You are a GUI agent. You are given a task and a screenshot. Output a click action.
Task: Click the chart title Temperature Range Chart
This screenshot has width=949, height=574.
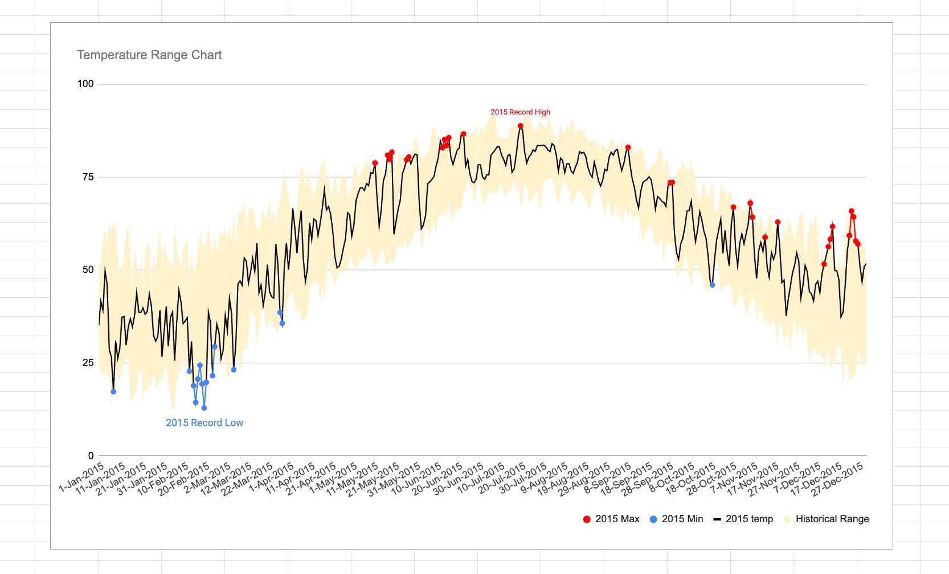[149, 55]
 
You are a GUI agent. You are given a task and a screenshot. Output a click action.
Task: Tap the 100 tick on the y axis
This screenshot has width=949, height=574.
[85, 84]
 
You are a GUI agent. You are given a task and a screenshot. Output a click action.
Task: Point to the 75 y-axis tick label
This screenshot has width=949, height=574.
[88, 177]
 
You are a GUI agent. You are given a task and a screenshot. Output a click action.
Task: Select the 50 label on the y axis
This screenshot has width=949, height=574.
[88, 270]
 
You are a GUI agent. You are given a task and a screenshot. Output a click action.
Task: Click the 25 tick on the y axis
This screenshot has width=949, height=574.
[88, 363]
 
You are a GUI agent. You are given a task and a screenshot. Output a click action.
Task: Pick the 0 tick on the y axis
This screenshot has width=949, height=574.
[91, 456]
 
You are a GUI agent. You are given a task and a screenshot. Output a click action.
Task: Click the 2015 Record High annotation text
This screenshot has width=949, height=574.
[520, 112]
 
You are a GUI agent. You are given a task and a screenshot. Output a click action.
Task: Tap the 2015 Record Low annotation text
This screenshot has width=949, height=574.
[204, 423]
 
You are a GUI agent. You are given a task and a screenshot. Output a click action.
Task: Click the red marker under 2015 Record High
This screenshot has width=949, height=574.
[520, 126]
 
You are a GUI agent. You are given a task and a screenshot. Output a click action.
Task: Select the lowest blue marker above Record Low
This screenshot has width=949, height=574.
[204, 408]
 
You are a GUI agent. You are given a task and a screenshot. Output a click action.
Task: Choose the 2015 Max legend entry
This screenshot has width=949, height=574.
[611, 519]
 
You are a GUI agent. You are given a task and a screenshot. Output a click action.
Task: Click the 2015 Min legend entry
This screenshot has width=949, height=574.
[677, 519]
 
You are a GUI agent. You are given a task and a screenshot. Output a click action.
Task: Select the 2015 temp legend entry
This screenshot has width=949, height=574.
[743, 519]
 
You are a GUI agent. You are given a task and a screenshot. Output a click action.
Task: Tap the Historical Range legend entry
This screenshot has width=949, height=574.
[826, 519]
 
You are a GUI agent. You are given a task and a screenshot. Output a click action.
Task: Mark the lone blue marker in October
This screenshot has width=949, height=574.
[712, 285]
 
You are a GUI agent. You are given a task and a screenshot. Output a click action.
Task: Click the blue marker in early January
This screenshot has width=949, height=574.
[113, 392]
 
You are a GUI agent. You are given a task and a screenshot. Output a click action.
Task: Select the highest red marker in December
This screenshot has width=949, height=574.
[851, 211]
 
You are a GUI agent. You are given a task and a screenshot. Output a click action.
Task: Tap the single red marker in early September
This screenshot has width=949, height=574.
[628, 147]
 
